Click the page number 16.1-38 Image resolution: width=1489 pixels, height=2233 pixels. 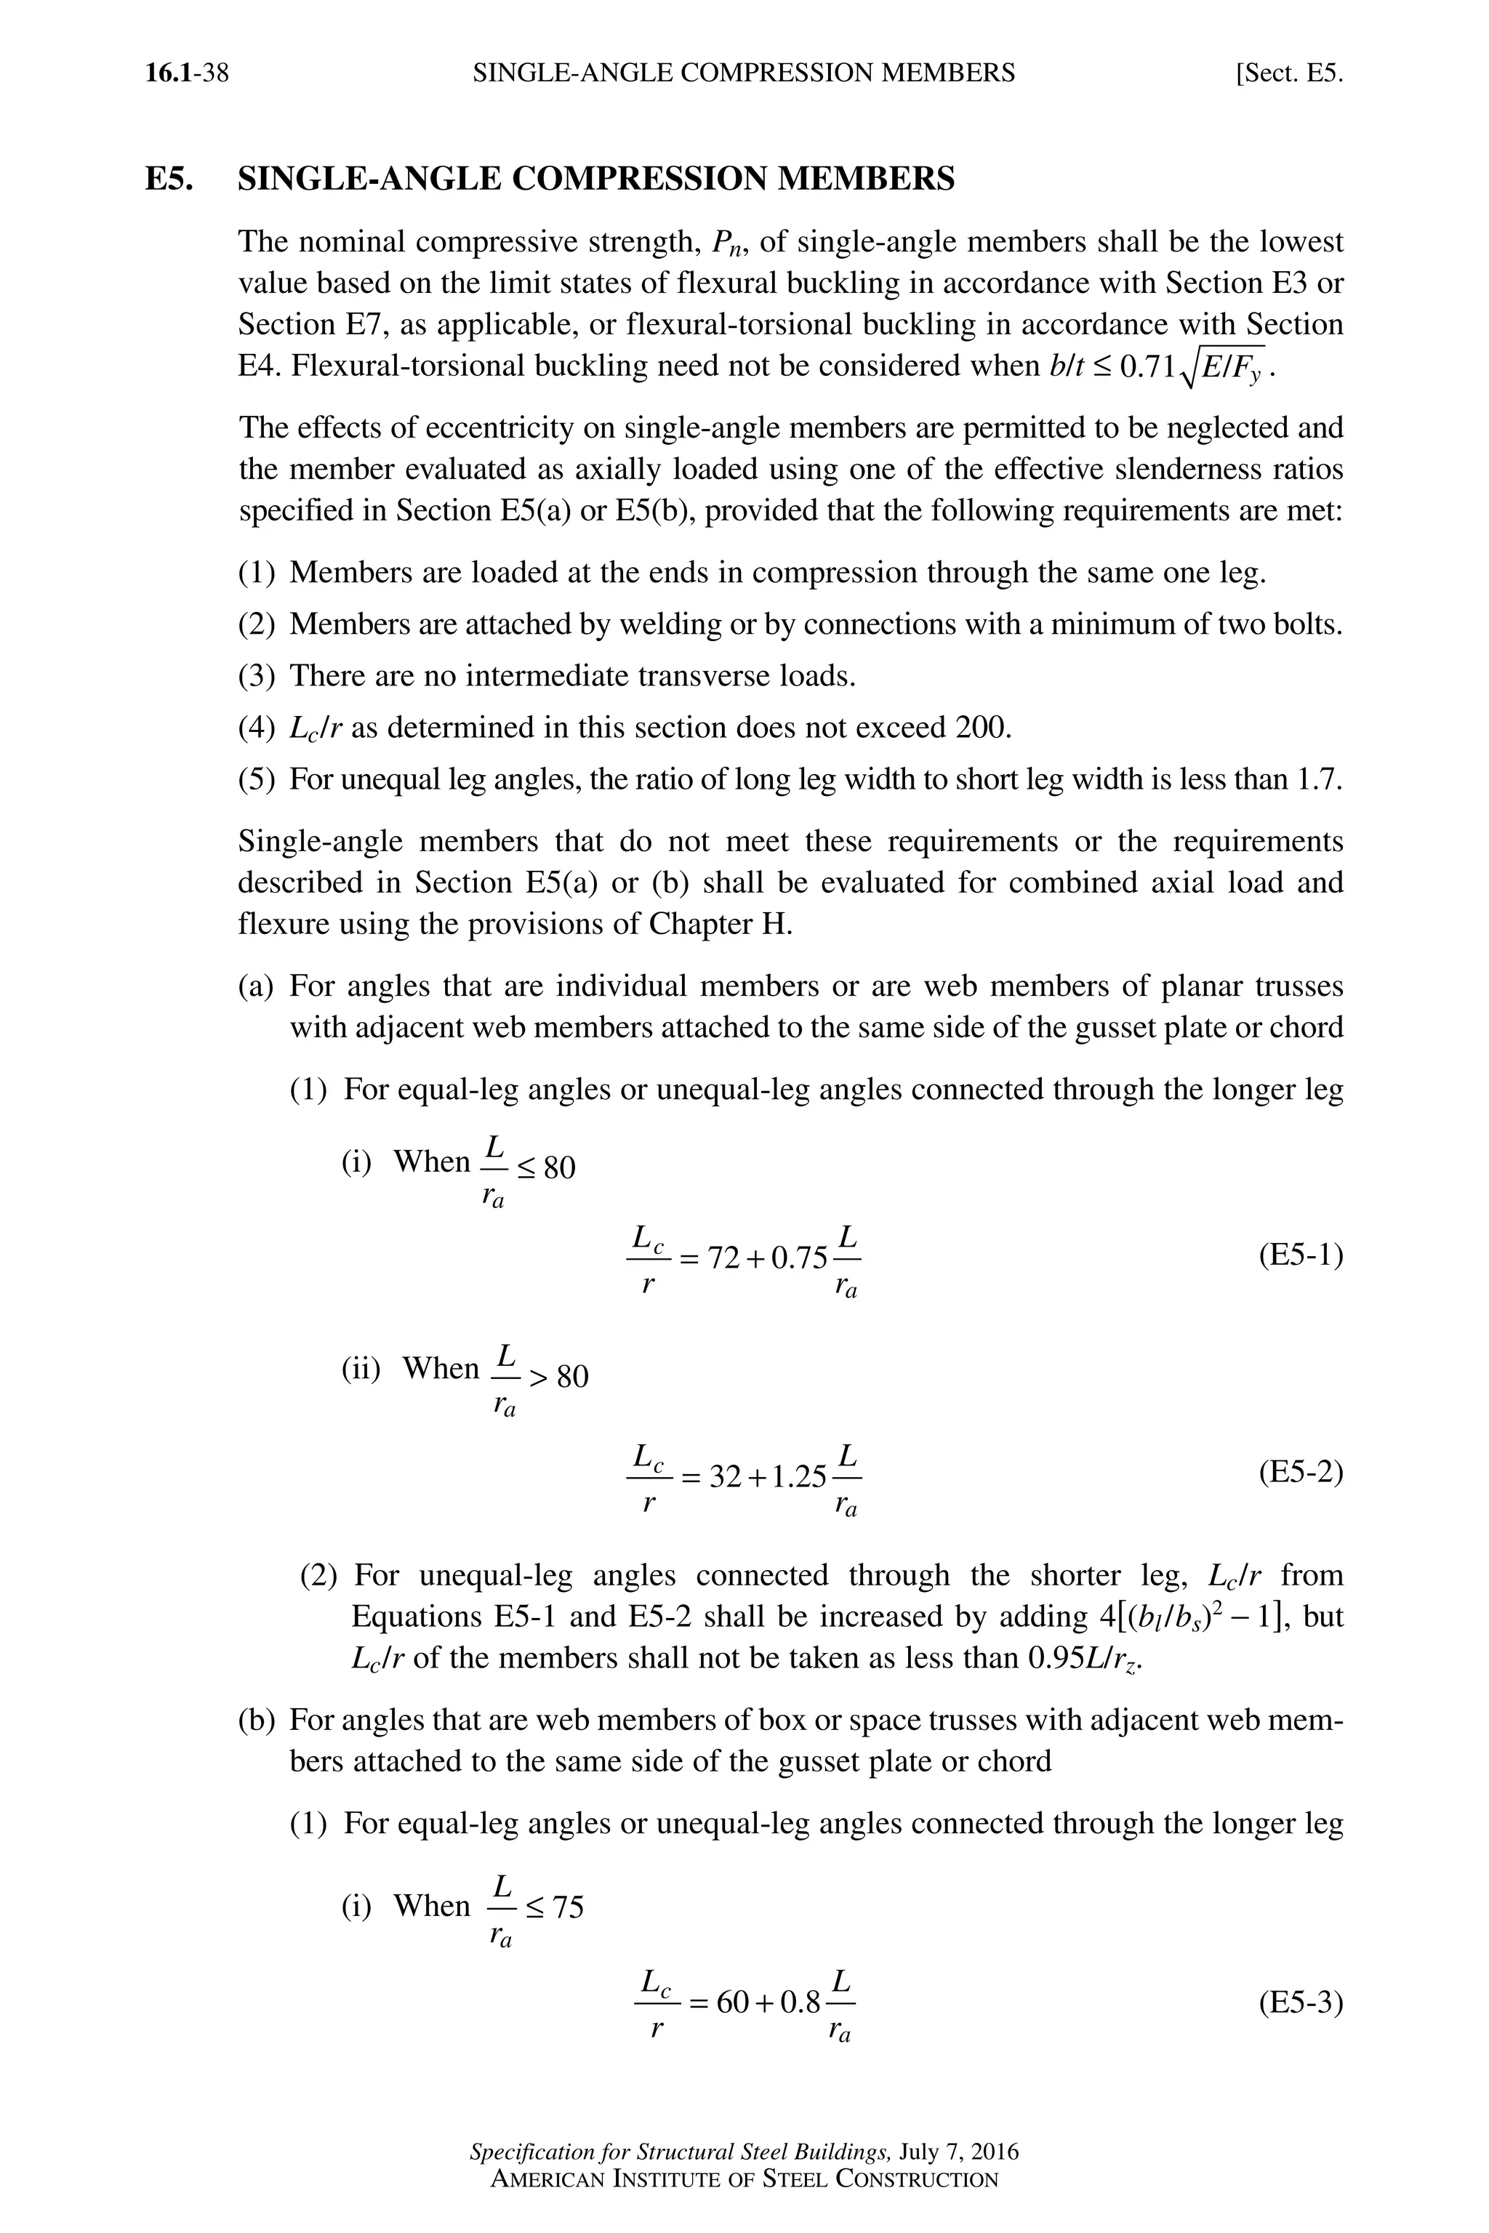click(187, 73)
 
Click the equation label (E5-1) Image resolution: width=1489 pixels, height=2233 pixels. click(1300, 1256)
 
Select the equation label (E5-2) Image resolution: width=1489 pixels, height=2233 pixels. click(1300, 1473)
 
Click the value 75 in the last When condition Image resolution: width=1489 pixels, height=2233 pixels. click(568, 1907)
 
